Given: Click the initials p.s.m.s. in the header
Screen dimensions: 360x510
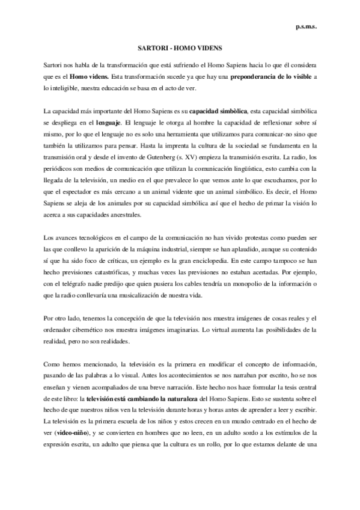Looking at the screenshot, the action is click(x=307, y=26).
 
